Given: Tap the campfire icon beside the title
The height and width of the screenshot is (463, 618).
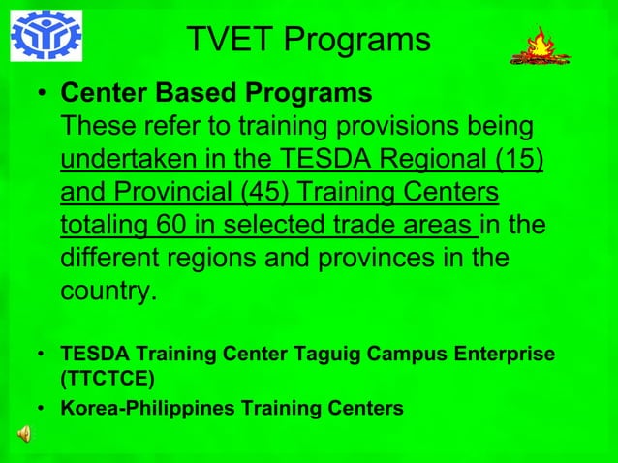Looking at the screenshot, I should (540, 46).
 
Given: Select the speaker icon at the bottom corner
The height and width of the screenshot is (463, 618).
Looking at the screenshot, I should (22, 434).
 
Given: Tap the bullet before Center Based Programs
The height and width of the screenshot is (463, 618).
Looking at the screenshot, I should (41, 95).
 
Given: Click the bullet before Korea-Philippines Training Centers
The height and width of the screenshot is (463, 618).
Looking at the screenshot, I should (41, 409).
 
